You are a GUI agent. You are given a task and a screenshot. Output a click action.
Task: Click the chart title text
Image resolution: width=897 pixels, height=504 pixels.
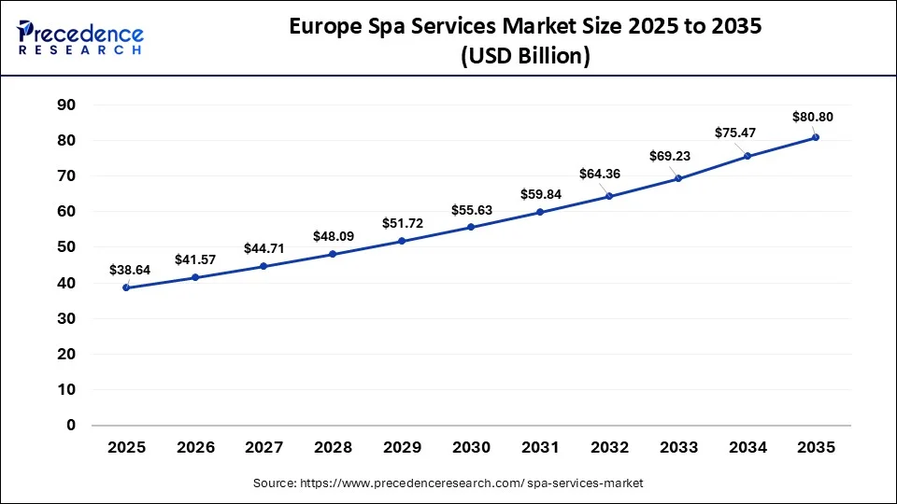(525, 41)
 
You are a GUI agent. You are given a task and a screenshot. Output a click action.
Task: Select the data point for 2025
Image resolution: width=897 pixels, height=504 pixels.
(126, 287)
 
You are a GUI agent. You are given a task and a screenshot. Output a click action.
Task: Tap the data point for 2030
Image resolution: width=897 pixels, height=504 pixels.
(471, 227)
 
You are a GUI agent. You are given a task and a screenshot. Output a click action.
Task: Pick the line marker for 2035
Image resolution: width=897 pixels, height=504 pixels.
(816, 137)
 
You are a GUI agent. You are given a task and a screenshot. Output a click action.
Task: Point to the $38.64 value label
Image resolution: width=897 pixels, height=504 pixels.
(130, 270)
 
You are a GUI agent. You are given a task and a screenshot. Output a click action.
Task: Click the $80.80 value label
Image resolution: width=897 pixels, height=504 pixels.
(812, 117)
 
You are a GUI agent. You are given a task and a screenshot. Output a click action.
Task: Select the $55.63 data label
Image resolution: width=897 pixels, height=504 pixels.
(471, 211)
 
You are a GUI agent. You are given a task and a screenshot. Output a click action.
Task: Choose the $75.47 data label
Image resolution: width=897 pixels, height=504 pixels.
(735, 133)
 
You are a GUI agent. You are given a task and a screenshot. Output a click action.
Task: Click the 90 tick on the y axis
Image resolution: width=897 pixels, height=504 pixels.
(65, 105)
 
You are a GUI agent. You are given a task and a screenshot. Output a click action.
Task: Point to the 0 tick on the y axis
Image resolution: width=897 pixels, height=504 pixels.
(70, 425)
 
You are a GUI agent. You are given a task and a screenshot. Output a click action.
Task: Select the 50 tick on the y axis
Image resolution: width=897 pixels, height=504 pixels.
(65, 247)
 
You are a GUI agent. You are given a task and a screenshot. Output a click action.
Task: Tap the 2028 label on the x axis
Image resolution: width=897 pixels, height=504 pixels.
(333, 448)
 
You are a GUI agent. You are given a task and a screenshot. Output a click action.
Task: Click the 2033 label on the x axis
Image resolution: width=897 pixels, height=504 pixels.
(677, 448)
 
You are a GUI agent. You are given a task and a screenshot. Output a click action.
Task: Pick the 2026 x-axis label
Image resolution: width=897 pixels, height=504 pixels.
(195, 448)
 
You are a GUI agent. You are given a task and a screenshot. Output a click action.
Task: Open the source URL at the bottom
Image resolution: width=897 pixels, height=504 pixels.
(448, 483)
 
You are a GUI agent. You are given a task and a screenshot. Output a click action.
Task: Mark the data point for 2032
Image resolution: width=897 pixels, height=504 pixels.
(609, 196)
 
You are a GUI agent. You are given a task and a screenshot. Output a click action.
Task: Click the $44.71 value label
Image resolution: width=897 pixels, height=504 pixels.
(264, 247)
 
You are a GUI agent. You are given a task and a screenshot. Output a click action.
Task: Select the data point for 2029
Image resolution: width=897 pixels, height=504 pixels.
(402, 241)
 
